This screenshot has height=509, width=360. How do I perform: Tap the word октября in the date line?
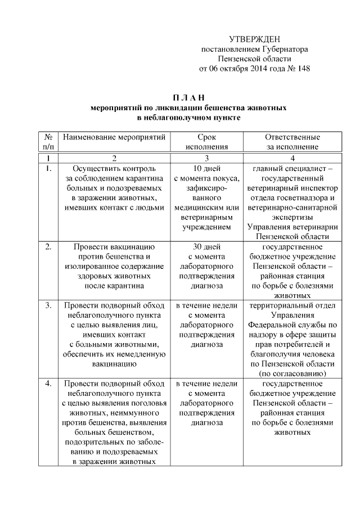(x=234, y=69)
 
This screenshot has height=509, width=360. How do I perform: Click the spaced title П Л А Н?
(x=188, y=97)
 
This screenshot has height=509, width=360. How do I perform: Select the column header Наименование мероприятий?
(x=114, y=137)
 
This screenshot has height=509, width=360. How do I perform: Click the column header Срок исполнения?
(x=208, y=142)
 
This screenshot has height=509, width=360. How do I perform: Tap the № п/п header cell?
(x=48, y=142)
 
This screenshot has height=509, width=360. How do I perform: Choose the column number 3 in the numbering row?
(x=208, y=158)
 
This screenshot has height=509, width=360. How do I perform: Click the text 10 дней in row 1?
(x=208, y=168)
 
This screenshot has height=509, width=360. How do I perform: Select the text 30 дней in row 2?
(x=208, y=246)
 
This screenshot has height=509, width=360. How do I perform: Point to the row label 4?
(x=48, y=383)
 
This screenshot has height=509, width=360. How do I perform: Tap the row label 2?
(x=48, y=246)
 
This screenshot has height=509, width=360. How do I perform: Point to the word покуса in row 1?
(x=227, y=178)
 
